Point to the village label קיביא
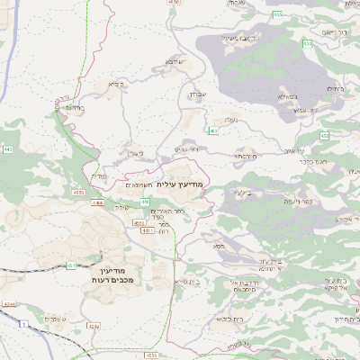[x=114, y=85]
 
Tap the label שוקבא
[x=174, y=62]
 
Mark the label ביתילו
[x=337, y=88]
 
